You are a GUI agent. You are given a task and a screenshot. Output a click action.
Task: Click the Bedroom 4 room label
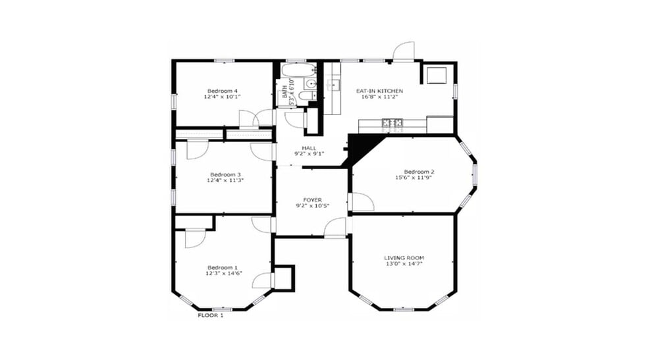(222, 91)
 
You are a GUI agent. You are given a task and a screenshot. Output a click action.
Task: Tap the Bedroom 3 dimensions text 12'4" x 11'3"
(224, 180)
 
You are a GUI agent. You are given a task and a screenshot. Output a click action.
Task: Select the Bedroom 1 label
(222, 267)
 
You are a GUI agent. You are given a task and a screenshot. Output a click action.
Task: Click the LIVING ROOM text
(404, 257)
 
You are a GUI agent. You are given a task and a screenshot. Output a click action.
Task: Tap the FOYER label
(312, 199)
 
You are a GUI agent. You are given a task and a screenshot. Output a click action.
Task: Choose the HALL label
(309, 148)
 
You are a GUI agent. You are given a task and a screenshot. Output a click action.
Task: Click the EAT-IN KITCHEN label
(379, 91)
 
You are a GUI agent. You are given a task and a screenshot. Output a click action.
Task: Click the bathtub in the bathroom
(298, 70)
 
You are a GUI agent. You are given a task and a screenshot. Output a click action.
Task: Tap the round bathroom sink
(310, 84)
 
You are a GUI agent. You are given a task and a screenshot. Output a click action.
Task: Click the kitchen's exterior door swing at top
(404, 51)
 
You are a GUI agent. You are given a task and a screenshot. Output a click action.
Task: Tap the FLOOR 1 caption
(211, 316)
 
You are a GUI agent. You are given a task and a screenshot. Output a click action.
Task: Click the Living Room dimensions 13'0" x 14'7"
(404, 264)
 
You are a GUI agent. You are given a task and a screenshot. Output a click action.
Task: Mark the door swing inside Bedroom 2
(362, 202)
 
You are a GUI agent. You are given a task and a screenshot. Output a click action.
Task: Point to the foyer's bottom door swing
(336, 227)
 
